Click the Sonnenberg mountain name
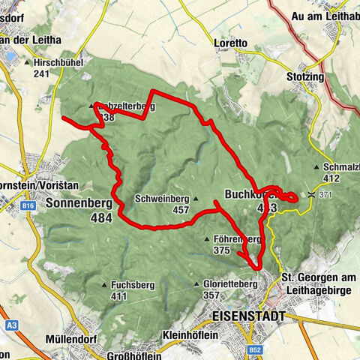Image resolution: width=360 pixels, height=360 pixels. (x=78, y=202)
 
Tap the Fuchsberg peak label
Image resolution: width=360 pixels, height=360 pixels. (x=129, y=285)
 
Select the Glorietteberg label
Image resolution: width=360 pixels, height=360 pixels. (x=230, y=285)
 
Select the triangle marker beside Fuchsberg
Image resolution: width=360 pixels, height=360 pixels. (x=104, y=285)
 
